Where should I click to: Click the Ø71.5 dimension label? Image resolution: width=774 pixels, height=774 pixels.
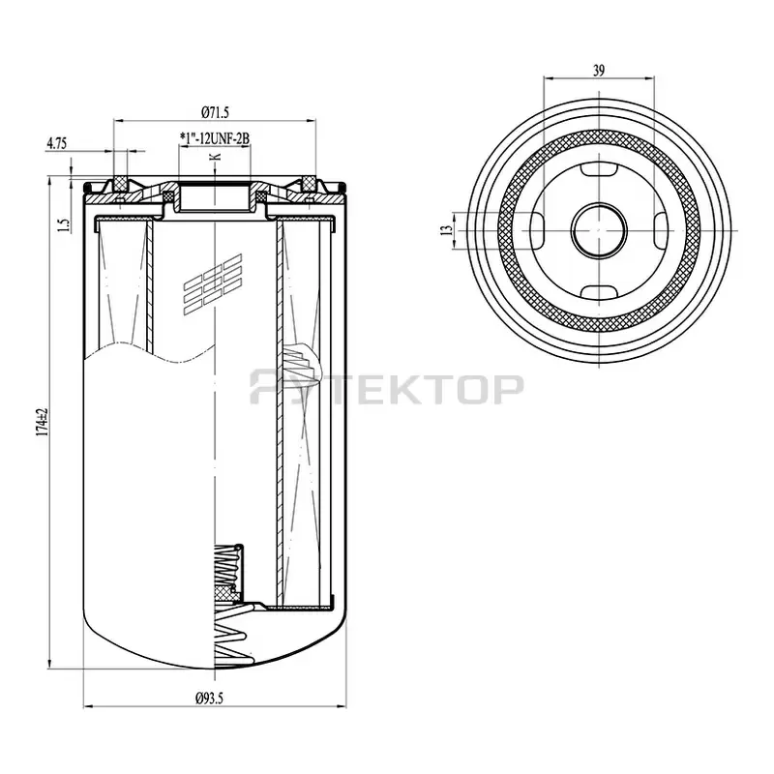pos(215,112)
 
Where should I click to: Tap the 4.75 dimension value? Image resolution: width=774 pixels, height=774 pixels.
pos(56,143)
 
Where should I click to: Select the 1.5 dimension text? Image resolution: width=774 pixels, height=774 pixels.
pos(64,224)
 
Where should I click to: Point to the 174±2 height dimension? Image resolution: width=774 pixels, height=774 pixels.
pos(43,422)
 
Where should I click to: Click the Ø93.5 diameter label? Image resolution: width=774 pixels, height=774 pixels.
pos(209,699)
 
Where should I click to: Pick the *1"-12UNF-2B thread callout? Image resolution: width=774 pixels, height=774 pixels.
pos(215,138)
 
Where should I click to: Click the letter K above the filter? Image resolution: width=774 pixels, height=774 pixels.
pos(215,157)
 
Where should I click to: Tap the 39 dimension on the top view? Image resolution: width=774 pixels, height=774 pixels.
pos(598,71)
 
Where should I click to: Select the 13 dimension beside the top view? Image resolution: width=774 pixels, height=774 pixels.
pos(446,230)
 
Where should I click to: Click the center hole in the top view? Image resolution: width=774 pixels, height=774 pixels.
pos(599,230)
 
